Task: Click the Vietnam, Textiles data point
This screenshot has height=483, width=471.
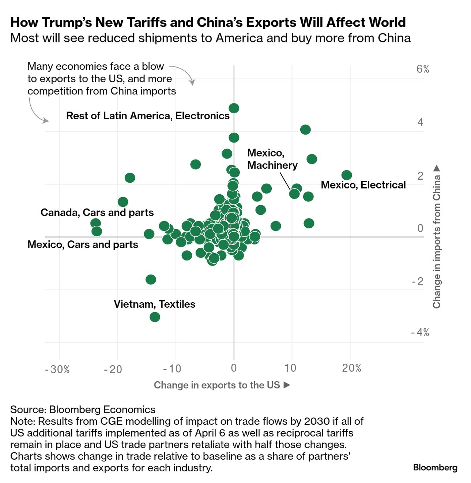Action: pos(155,317)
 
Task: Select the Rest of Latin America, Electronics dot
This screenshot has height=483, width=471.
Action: pos(234,108)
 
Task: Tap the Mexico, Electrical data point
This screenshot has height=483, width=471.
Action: pos(347,175)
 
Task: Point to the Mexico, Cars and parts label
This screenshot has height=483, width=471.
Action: pos(83,244)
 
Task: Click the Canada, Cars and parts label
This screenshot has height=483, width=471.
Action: pos(97,212)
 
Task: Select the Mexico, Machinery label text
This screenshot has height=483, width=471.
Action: pos(272,159)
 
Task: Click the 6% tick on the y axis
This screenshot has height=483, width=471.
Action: pos(422,69)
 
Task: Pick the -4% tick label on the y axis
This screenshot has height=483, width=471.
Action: pos(420,332)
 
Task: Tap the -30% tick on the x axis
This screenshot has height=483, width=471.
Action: pos(57,369)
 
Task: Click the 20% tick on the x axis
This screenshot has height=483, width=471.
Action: pos(351,368)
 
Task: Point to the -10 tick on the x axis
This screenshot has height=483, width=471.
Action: pos(172,368)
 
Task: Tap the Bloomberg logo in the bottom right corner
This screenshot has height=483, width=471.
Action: pos(435,467)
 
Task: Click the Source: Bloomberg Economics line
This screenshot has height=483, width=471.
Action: pos(83,409)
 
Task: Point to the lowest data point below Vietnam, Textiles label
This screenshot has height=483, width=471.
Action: pos(155,317)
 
